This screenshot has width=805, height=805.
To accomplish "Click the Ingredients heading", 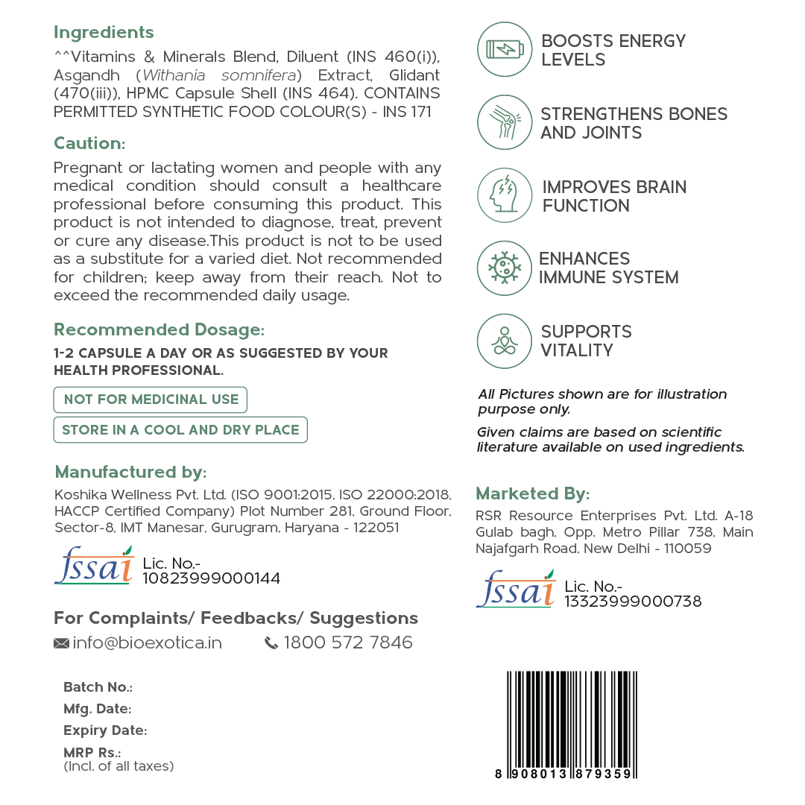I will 104,33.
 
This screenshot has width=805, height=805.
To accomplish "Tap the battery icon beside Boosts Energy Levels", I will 505,49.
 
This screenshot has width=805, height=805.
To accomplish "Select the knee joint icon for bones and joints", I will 505,122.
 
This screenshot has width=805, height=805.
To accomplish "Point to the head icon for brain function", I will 505,195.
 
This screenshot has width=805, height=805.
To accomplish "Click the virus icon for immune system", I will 505,268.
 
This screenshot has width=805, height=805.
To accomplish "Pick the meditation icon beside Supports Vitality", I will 505,341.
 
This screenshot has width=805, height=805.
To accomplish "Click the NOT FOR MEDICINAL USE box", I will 150,400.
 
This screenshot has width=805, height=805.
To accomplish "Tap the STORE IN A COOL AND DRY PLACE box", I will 180,430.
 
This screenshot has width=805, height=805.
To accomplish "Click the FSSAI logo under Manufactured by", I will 94,566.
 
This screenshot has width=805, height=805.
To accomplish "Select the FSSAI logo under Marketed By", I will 516,589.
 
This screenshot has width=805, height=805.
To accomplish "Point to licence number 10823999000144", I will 211,578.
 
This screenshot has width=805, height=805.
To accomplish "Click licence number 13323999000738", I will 633,602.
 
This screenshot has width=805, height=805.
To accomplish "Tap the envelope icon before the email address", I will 61,643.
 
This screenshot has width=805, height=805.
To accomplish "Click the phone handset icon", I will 271,643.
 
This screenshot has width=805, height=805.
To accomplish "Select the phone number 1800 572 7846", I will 348,643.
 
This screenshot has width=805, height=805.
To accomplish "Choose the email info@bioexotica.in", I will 147,643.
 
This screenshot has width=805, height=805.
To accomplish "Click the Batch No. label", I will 98,687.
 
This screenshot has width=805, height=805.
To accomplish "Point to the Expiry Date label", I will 105,730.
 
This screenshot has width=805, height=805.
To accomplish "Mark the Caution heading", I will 89,143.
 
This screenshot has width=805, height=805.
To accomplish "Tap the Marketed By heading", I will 532,493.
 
